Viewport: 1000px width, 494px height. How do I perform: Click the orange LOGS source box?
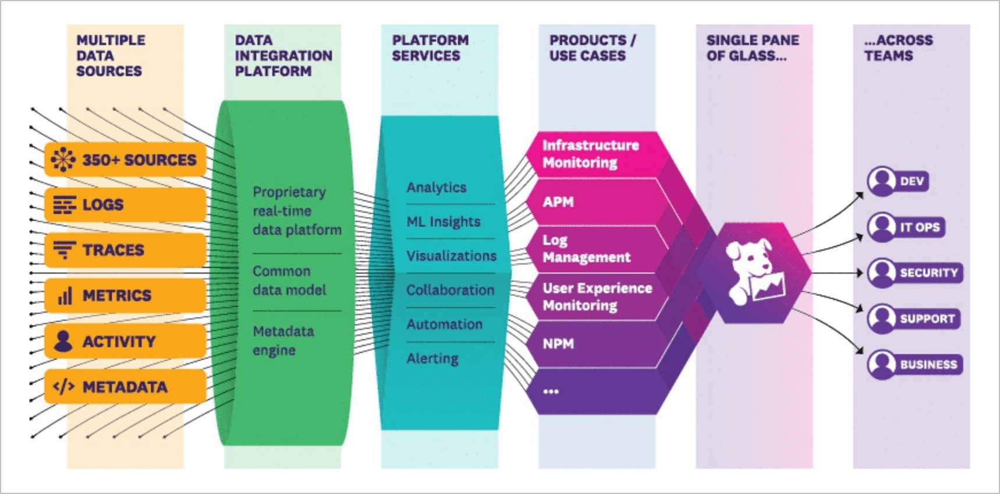[125, 204]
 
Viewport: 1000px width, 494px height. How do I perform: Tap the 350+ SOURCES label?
[139, 160]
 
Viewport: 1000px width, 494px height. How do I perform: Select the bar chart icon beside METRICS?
[65, 296]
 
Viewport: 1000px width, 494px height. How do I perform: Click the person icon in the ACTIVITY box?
[63, 341]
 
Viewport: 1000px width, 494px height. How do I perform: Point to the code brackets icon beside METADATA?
[63, 387]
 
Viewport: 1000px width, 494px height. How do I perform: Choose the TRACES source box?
[125, 250]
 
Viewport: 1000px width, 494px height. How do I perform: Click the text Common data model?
[289, 280]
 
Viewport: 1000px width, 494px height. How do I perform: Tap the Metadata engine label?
[283, 341]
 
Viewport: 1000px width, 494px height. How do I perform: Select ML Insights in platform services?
[443, 221]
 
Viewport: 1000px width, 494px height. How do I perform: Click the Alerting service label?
[432, 358]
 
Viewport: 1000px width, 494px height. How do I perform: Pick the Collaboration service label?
[449, 290]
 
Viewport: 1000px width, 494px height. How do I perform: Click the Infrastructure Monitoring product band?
[590, 154]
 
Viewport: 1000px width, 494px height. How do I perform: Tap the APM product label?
[558, 202]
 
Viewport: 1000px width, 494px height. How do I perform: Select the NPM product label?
[558, 344]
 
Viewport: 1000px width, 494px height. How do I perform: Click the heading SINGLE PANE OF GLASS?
[752, 48]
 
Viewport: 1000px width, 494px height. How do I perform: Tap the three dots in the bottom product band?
[551, 391]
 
